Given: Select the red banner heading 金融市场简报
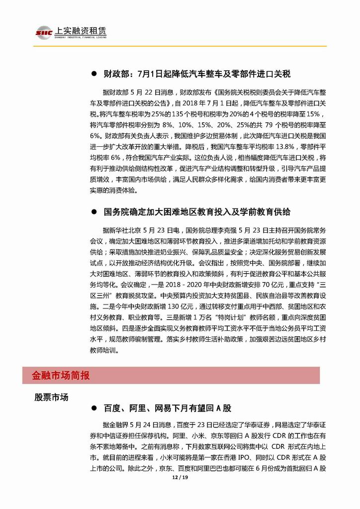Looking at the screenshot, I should (60, 375).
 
